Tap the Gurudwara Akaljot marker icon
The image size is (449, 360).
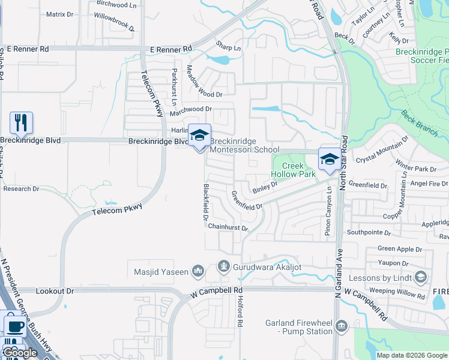[224, 265]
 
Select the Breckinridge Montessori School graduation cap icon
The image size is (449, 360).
[200, 136]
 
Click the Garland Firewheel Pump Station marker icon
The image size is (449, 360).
[342, 326]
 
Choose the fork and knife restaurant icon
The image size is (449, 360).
[21, 123]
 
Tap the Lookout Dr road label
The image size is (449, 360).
[55, 291]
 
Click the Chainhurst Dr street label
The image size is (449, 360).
[228, 227]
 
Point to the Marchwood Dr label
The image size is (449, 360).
[191, 109]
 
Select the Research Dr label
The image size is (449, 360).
[21, 188]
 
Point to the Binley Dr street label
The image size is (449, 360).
[265, 188]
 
